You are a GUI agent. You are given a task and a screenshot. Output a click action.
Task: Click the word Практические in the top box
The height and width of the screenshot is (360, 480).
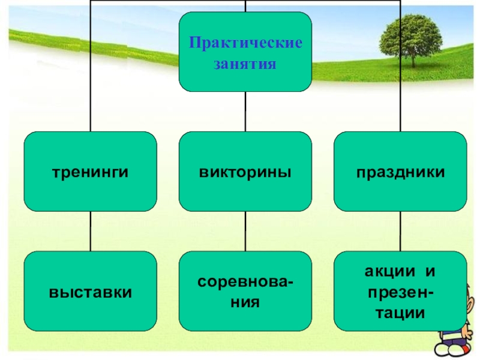pyautogui.click(x=245, y=43)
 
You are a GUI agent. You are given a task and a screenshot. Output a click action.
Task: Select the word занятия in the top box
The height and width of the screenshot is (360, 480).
pyautogui.click(x=245, y=64)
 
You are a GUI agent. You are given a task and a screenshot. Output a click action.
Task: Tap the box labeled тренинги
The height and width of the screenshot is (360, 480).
pyautogui.click(x=90, y=172)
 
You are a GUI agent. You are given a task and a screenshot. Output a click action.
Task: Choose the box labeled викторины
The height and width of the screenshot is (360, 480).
pyautogui.click(x=245, y=172)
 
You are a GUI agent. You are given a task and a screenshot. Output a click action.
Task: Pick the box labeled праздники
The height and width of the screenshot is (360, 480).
pyautogui.click(x=400, y=172)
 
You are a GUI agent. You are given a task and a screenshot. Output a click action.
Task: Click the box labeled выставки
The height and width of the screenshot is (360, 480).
pyautogui.click(x=90, y=292)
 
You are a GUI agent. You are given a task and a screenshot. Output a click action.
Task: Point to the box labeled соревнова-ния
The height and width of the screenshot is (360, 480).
pyautogui.click(x=245, y=292)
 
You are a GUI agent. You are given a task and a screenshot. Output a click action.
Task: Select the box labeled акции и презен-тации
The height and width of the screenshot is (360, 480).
pyautogui.click(x=400, y=292)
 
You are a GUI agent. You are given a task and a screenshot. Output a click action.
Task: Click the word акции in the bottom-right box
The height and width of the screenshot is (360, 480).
pyautogui.click(x=388, y=272)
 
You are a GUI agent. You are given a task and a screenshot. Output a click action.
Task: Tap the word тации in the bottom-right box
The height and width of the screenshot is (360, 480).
pyautogui.click(x=400, y=313)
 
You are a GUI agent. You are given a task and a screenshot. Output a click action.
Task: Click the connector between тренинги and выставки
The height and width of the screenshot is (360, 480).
pyautogui.click(x=90, y=231)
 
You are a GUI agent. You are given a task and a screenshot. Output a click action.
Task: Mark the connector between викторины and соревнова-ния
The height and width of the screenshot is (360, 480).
pyautogui.click(x=245, y=231)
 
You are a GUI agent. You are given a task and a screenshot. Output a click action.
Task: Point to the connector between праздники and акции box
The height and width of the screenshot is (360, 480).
pyautogui.click(x=400, y=231)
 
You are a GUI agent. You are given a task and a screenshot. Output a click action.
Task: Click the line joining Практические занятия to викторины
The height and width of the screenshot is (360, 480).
pyautogui.click(x=245, y=112)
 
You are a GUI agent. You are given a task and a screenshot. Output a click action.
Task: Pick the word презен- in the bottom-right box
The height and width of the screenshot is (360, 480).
pyautogui.click(x=400, y=292)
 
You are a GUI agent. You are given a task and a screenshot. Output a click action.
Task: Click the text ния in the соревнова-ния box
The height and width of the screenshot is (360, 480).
pyautogui.click(x=245, y=302)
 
